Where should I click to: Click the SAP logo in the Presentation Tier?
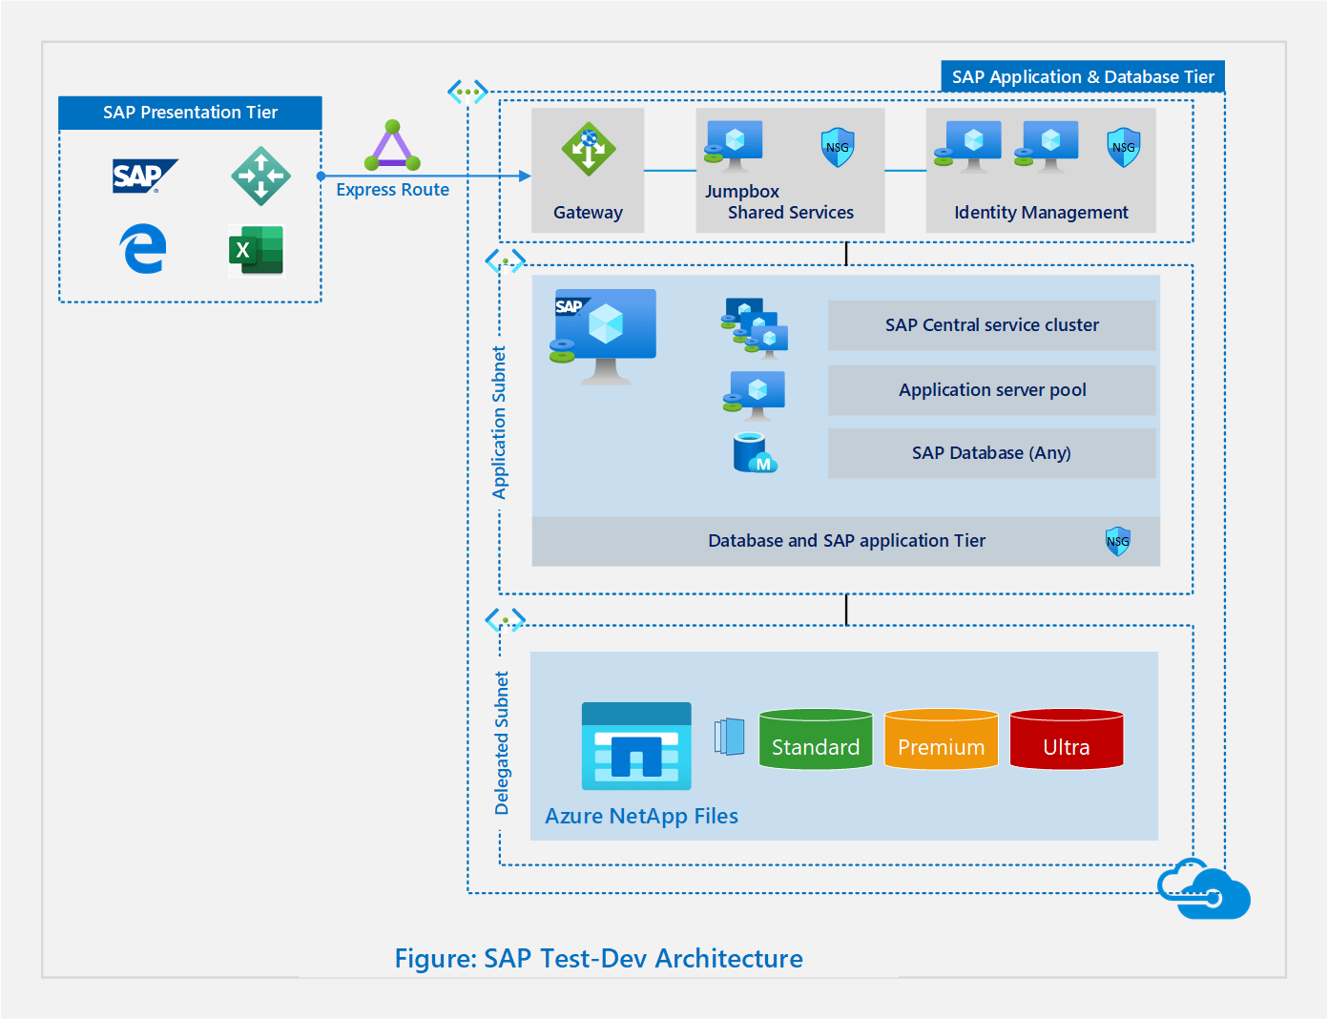tap(144, 177)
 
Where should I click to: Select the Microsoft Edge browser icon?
tap(143, 249)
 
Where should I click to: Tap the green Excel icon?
tap(256, 251)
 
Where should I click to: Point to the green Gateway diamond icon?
tap(588, 149)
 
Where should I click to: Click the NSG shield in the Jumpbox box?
tap(838, 147)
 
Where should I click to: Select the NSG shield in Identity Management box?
tap(1124, 147)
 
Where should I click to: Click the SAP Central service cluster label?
tap(991, 325)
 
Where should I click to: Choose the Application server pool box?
tap(991, 390)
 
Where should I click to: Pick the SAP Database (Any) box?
tap(991, 453)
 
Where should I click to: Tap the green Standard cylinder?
tap(816, 739)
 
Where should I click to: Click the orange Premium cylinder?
tap(941, 739)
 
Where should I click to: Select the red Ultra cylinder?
tap(1066, 739)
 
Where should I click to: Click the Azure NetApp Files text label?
tap(641, 817)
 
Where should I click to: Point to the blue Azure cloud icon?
tap(1204, 889)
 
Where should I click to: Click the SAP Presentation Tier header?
tap(190, 113)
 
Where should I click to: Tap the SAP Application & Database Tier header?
tap(1083, 77)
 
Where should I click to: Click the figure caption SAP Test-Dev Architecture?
tap(599, 958)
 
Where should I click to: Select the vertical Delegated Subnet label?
tap(502, 743)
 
